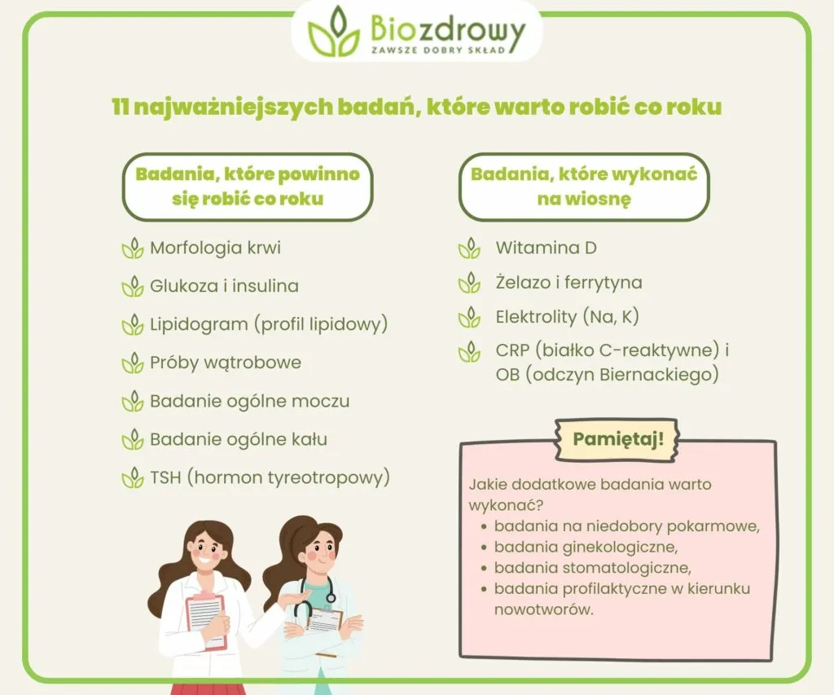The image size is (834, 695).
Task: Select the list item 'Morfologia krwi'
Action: point(215,248)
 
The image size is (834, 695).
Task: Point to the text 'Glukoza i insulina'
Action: point(224,286)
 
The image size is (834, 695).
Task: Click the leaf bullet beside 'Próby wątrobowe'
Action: point(132,363)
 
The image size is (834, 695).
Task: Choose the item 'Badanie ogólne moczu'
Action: point(249,401)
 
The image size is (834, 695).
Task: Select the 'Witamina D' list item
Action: point(546,248)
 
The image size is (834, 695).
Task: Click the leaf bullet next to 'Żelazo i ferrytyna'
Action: point(469,284)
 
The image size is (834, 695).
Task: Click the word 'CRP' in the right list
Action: point(512,351)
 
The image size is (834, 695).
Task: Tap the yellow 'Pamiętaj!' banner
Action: point(618,439)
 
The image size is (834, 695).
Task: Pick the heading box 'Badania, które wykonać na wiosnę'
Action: point(584,186)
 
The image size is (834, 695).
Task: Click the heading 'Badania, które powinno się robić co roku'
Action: point(248,186)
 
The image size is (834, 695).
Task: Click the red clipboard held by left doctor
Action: point(204,618)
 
